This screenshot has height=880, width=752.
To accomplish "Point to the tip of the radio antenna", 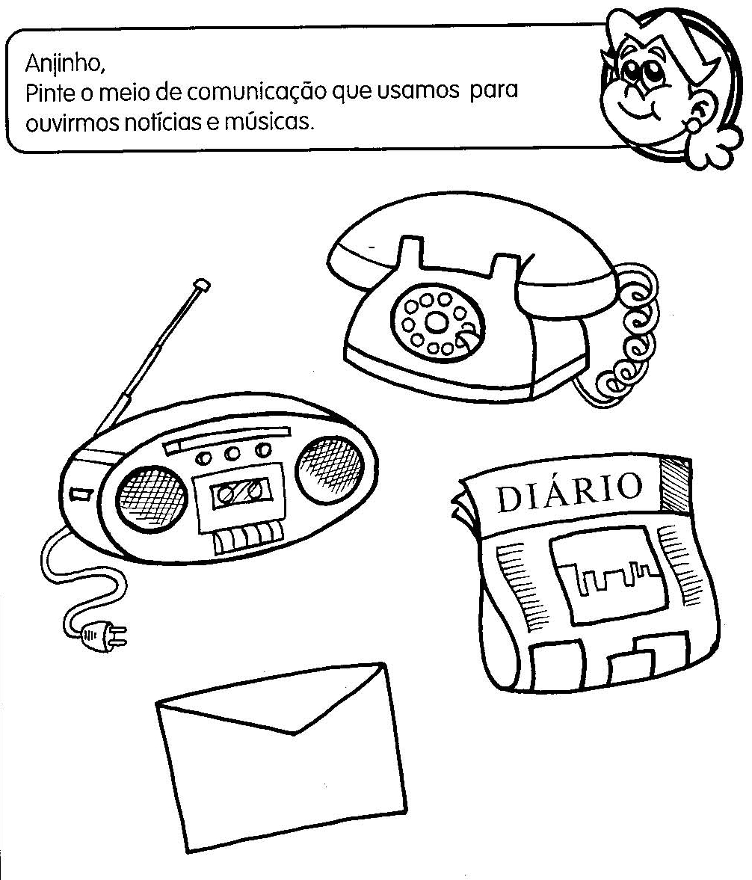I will [x=200, y=284].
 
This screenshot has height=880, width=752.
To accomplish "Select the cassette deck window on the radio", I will [x=241, y=492].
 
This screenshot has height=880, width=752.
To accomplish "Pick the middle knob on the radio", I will [x=233, y=454].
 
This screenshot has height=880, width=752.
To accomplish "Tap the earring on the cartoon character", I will [x=694, y=124].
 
